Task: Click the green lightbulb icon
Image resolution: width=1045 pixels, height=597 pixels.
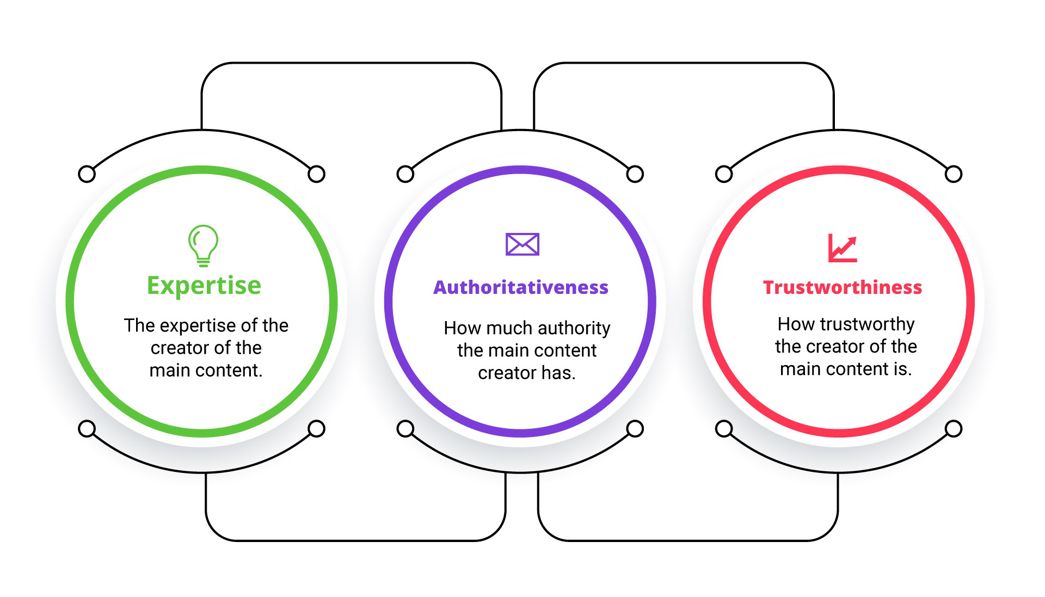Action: [203, 245]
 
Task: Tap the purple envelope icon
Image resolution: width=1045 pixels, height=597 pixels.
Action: [522, 244]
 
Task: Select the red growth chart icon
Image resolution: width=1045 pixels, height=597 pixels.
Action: [843, 248]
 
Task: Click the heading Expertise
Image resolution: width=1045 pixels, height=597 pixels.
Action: [204, 286]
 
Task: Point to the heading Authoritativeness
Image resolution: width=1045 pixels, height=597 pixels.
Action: [521, 287]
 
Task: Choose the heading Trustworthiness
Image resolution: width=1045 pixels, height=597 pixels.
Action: [843, 287]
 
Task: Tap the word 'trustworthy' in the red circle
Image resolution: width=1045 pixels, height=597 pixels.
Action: [868, 325]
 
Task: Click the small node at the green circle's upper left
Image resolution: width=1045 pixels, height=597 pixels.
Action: [87, 174]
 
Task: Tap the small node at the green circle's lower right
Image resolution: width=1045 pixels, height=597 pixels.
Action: [317, 429]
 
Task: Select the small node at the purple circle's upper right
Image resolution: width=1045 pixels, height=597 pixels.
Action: [635, 174]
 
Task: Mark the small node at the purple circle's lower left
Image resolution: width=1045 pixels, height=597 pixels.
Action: [405, 429]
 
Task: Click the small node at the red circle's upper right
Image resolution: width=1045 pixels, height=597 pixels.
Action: [954, 174]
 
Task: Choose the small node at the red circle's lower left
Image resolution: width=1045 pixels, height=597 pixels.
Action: [724, 429]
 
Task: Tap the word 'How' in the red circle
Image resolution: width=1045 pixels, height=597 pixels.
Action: [797, 324]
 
